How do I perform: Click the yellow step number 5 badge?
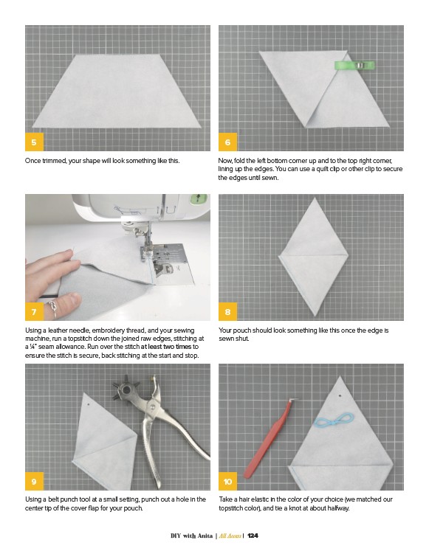(x=34, y=142)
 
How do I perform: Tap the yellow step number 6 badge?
(x=227, y=142)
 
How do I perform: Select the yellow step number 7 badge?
(x=34, y=311)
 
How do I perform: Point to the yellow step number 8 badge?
(x=227, y=311)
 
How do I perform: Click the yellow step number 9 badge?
(x=34, y=481)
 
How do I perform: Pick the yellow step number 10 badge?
(x=227, y=481)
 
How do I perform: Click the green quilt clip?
(x=354, y=66)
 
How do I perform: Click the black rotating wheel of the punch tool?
(x=126, y=390)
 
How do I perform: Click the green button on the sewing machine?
(x=198, y=198)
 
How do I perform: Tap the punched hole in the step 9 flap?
(x=89, y=404)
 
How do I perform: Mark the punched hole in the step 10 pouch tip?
(x=340, y=396)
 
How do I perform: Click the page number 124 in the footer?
(x=253, y=536)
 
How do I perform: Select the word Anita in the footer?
(x=205, y=536)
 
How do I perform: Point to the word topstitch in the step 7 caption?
(x=80, y=339)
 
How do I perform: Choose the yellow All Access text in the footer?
(x=230, y=536)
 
